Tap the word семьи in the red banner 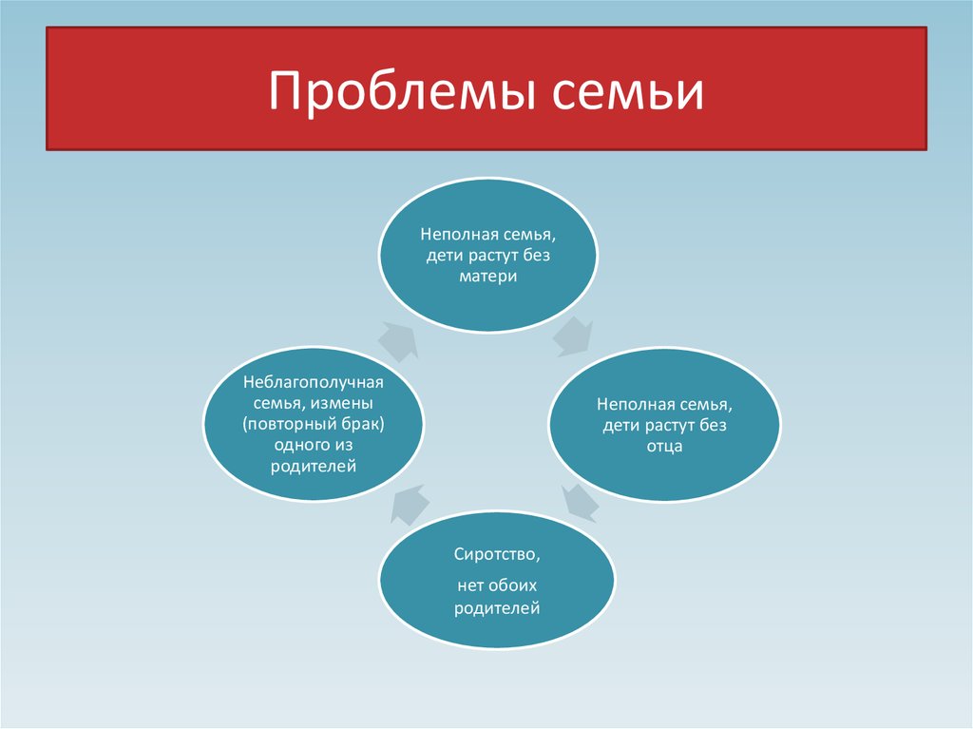coord(628,91)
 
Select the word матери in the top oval coord(488,277)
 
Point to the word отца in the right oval coord(664,447)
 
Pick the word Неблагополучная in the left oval coord(314,382)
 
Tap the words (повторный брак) coord(314,424)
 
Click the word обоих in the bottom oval coord(512,585)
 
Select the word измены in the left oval coord(342,403)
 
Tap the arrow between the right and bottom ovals coord(581,503)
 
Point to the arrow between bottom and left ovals coord(410,504)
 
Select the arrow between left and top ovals coord(398,341)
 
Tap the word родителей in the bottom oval coord(497,608)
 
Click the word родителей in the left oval coord(314,467)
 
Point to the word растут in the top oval coord(493,256)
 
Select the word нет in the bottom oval coord(470,585)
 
